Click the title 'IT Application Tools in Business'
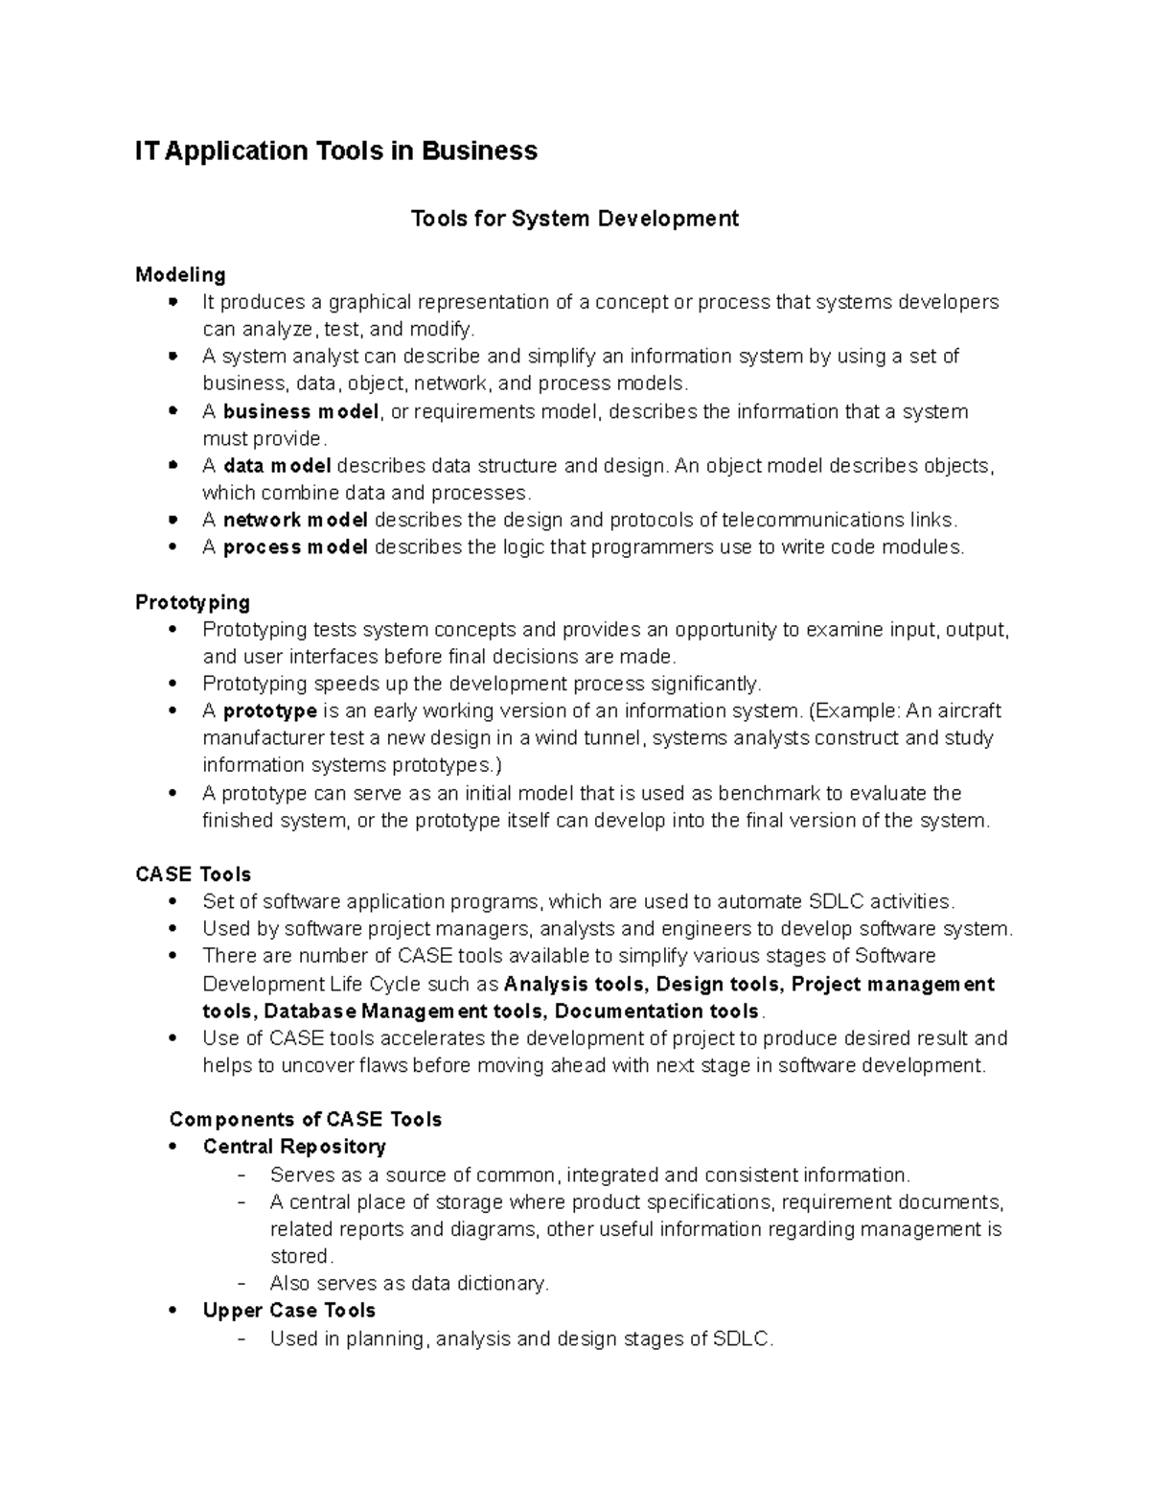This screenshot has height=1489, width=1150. click(335, 151)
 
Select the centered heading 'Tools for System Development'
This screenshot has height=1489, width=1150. click(574, 220)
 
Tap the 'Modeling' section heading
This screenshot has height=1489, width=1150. click(180, 275)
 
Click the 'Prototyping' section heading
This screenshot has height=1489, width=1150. click(193, 602)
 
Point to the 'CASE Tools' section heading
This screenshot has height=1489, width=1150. click(193, 874)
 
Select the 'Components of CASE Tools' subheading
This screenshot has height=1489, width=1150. click(305, 1120)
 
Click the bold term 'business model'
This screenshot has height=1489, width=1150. click(301, 412)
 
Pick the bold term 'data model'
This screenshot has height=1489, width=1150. click(277, 466)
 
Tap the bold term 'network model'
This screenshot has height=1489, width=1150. click(295, 521)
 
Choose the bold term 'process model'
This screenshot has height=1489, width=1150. click(295, 547)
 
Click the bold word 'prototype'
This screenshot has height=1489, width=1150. click(269, 711)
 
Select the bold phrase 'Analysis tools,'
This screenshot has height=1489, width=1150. click(576, 985)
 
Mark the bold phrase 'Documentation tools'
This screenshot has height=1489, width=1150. click(656, 1012)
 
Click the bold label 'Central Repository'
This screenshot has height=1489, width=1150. click(294, 1147)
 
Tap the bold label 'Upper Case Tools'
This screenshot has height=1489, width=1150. click(288, 1311)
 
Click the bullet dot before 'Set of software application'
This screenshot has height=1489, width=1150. click(172, 902)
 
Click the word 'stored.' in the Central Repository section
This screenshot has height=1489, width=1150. click(301, 1256)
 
